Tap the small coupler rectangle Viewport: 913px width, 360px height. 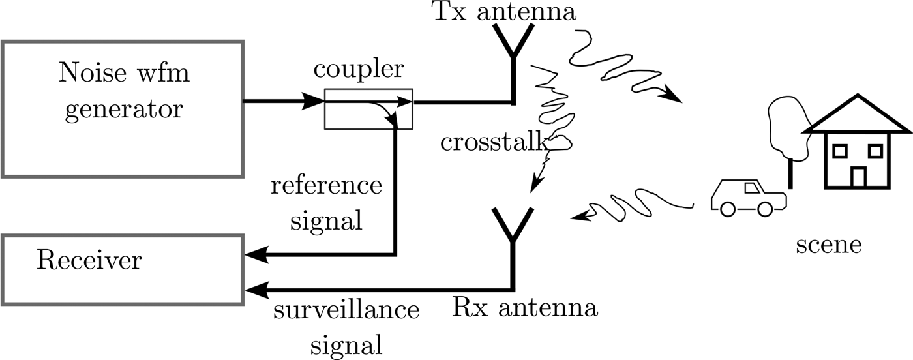[368, 108]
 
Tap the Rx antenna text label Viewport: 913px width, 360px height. [525, 307]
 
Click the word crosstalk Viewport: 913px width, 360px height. [493, 142]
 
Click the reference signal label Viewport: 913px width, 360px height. [326, 202]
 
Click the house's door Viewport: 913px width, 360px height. [858, 177]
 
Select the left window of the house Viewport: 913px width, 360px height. [839, 151]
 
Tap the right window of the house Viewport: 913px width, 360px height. [876, 151]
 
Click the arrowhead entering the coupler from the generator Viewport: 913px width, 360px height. [316, 102]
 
